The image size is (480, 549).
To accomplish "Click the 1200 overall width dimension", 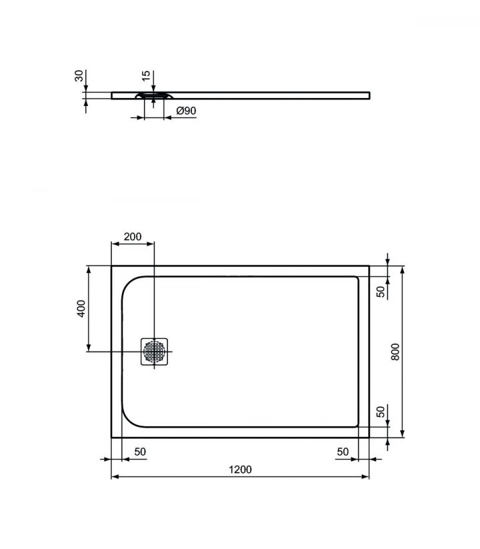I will tap(240, 469).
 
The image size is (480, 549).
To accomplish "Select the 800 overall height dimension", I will tap(394, 351).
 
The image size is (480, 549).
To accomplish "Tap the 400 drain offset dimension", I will tap(80, 308).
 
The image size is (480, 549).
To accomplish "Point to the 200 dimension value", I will tap(133, 237).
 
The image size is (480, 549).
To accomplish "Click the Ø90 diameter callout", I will tap(185, 111).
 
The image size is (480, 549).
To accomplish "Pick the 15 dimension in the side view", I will tap(145, 75).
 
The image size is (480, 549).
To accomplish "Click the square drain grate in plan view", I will tap(155, 352).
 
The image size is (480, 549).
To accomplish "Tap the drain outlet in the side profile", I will tap(154, 97).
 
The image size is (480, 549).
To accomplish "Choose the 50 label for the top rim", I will tap(381, 291).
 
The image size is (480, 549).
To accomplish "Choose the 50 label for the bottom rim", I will tap(381, 412).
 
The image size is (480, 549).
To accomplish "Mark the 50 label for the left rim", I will tap(140, 452).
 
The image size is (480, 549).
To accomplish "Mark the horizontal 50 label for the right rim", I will tap(343, 452).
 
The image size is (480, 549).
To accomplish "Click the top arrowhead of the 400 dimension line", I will tap(88, 269).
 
